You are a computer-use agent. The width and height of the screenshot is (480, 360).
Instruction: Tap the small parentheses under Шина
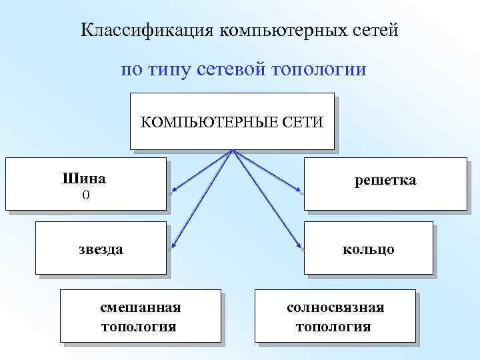[x=85, y=194]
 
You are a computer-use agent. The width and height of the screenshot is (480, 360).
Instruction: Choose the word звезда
[x=101, y=249]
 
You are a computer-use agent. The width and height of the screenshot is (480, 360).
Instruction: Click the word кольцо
[x=368, y=249]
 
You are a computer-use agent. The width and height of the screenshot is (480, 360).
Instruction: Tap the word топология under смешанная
[x=139, y=327]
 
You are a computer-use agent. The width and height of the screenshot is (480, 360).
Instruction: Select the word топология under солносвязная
[x=333, y=327]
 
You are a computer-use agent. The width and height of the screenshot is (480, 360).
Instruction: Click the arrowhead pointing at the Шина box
[x=172, y=193]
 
